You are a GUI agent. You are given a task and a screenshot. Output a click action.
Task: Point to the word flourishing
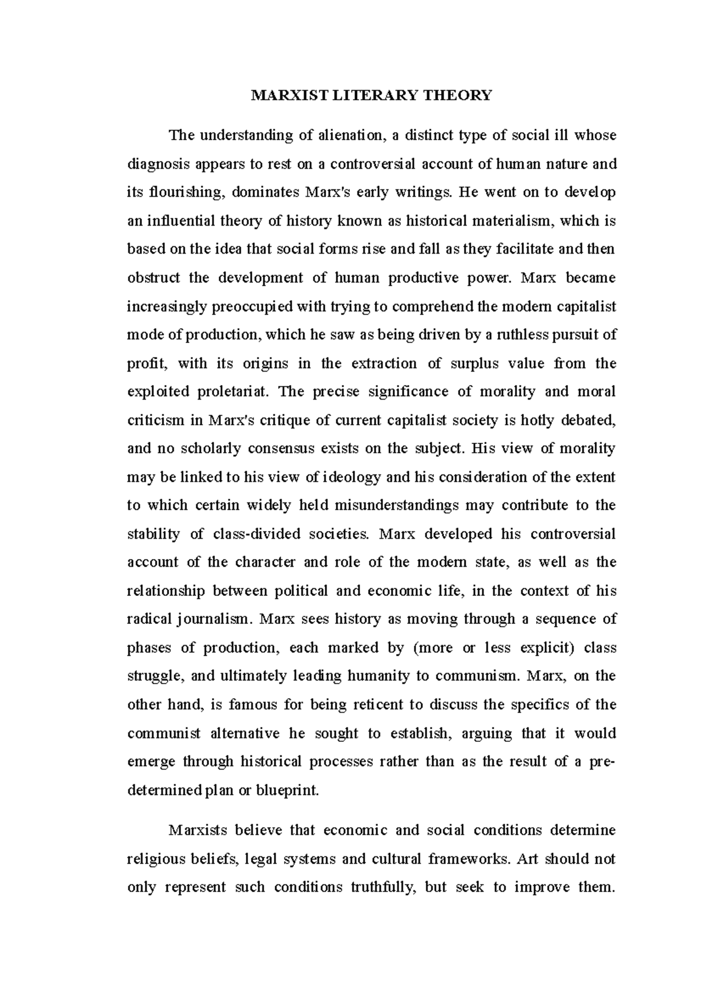coord(182,192)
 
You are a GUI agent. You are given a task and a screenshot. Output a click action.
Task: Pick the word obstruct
coord(153,278)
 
